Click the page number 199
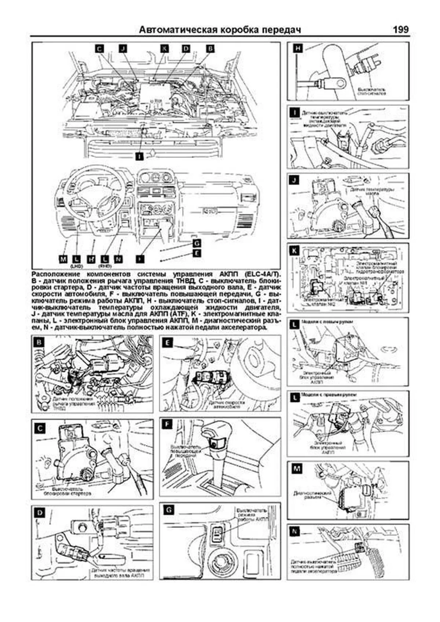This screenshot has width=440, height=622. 400,29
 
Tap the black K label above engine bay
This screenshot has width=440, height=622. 165,49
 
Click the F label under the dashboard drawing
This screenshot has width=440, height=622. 140,259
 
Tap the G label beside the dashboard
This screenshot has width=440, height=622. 197,243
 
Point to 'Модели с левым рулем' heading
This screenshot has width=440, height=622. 327,322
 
